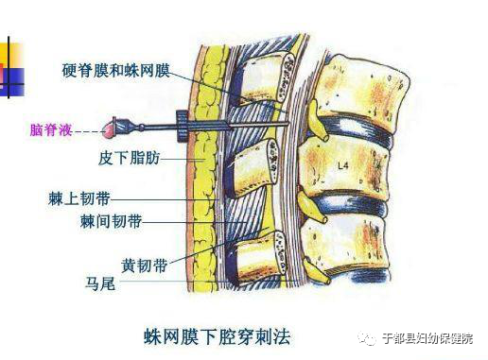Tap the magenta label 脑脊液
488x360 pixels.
point(50,128)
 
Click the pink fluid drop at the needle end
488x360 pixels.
point(115,125)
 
